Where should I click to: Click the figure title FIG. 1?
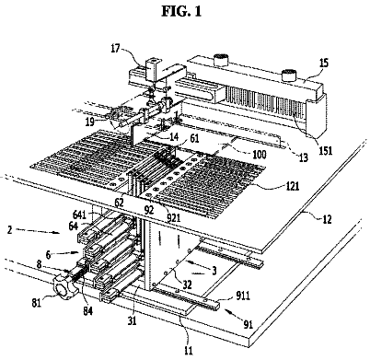tap(181, 11)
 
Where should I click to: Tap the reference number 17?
tap(115, 49)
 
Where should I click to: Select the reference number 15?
tap(323, 64)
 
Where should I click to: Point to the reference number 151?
tap(326, 150)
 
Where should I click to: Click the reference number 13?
tap(303, 157)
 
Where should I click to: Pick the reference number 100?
tap(260, 154)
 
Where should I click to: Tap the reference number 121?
tap(292, 186)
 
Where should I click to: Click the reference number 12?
tap(328, 219)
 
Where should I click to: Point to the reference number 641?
tap(79, 214)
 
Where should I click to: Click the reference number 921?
tap(172, 218)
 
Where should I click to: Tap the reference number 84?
tap(87, 311)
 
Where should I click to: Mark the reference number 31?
tap(132, 320)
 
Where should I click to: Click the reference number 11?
tap(189, 350)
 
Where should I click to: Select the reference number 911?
tap(243, 296)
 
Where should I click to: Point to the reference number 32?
tap(186, 285)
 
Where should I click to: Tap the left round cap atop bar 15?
tap(221, 60)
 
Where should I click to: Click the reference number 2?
tap(9, 229)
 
